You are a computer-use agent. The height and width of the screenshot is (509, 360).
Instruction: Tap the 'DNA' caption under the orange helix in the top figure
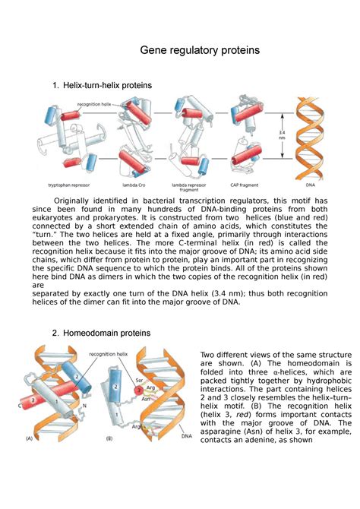point(308,184)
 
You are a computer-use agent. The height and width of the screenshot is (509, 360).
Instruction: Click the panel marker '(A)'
point(30,459)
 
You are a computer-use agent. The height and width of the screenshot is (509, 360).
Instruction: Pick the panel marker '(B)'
point(110,459)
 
